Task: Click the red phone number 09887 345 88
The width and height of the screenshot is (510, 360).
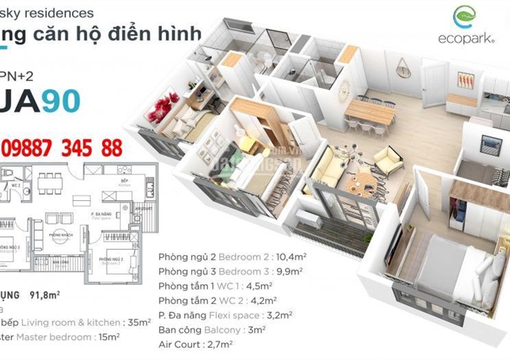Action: (x=62, y=148)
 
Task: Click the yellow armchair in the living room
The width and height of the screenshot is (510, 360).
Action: (x=388, y=160)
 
